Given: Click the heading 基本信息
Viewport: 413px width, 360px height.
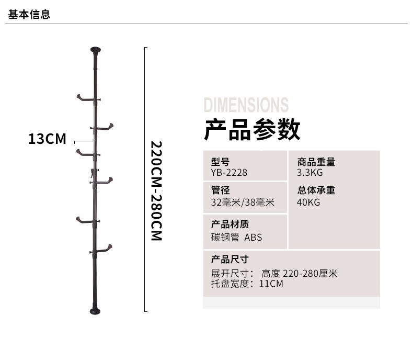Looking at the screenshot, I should pos(29,15).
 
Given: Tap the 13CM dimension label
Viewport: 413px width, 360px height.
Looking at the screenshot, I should pos(47,139).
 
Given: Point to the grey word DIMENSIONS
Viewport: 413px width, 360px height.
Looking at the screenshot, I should pos(246,105).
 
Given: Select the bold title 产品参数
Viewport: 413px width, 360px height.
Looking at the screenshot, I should pos(252,130).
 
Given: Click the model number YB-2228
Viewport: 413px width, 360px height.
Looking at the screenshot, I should pos(229,173).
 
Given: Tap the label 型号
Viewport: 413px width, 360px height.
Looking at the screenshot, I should pos(220,162).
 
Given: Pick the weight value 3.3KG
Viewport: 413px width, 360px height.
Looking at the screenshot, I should pos(310,173).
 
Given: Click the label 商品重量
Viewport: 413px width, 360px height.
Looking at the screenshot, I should pos(316,162).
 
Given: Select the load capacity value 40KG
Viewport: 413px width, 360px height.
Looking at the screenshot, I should pos(308,202).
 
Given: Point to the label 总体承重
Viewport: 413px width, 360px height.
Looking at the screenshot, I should pos(316,190).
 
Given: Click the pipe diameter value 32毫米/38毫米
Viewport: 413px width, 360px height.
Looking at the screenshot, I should pos(243,202).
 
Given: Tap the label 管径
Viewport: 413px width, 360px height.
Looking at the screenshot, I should pos(220,190).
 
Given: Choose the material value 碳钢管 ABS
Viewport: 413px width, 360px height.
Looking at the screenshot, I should pos(236,237).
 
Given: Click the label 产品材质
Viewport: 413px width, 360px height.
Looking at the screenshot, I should pos(230,224).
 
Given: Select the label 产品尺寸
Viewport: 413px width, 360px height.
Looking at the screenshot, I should pos(230,259).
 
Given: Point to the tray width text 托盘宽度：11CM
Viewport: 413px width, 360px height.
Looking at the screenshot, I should pos(247,284).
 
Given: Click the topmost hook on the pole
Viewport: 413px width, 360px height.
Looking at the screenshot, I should pos(84,97).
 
